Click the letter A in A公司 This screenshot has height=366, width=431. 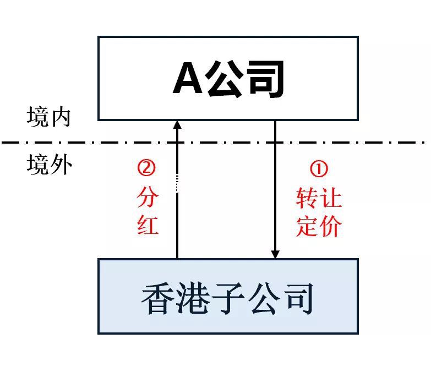[189, 79]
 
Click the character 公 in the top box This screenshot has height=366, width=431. [226, 79]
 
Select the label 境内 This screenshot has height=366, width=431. [48, 118]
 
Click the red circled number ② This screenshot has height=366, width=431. [147, 168]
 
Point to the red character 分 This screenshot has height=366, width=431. [148, 197]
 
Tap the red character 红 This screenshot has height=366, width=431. [148, 225]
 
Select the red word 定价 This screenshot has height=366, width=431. [319, 226]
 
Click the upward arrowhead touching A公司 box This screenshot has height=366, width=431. [177, 125]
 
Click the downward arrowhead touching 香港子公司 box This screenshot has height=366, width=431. [275, 254]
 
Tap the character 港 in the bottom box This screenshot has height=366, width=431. [193, 298]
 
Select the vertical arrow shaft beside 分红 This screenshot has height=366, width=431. [177, 220]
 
